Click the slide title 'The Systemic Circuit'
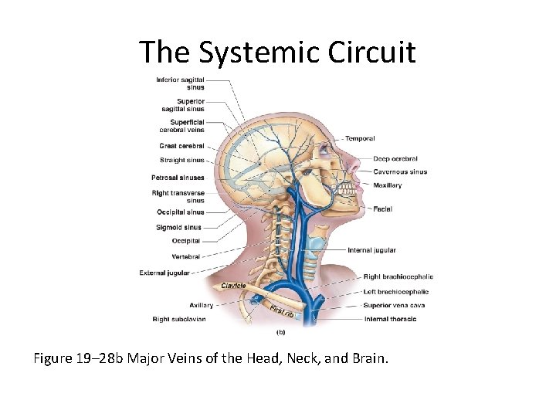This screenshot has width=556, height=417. click(277, 52)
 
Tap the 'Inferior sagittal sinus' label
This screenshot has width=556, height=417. click(180, 83)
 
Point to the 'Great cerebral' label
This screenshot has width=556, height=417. click(181, 146)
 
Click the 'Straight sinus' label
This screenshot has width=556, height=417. click(182, 161)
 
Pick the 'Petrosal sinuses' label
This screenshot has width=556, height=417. click(178, 178)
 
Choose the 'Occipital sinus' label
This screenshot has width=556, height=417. click(181, 212)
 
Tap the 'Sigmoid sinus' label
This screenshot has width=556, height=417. click(178, 227)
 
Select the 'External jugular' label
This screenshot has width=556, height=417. click(164, 273)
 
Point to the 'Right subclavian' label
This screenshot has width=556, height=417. click(179, 319)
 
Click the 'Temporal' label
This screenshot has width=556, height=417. click(360, 139)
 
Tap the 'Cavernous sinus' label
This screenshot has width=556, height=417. click(400, 171)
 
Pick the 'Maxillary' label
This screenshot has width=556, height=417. click(388, 185)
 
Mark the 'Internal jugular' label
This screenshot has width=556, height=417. click(371, 250)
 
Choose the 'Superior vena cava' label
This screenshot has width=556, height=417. click(395, 305)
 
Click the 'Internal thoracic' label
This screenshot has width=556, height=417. click(390, 319)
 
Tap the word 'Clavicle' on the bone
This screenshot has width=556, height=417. click(233, 286)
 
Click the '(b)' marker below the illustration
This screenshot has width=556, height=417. click(281, 333)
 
